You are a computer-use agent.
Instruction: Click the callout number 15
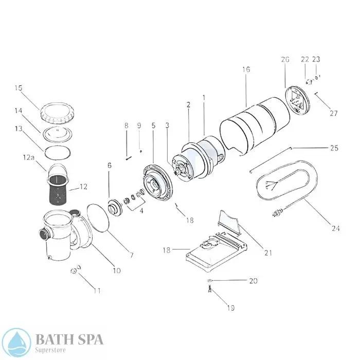[19, 88]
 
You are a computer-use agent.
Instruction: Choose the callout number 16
[246, 69]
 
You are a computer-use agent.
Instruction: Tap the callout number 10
[117, 270]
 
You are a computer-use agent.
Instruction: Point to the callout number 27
[334, 113]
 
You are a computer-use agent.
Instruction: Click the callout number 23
[316, 59]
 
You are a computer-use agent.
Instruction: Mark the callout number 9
[139, 125]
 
